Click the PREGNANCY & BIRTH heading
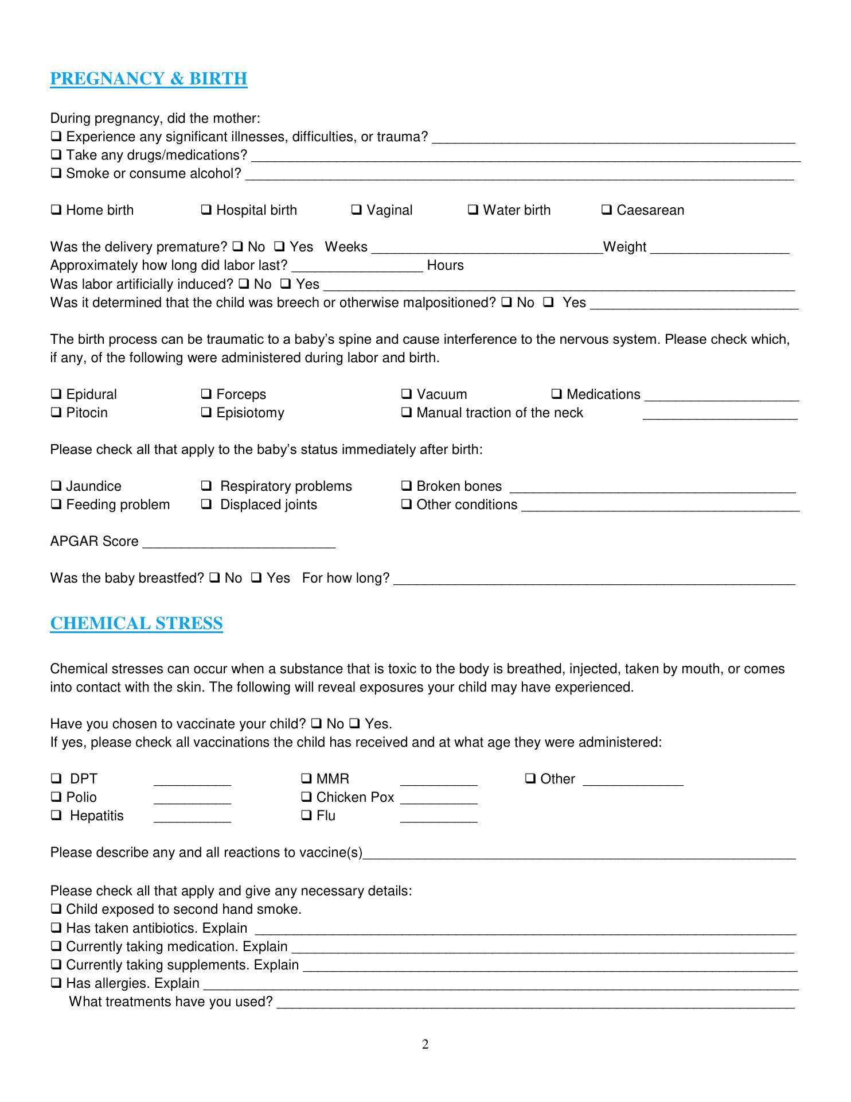click(149, 79)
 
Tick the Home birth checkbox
click(56, 210)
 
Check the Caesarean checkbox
click(607, 210)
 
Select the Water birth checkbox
click(473, 210)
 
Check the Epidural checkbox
click(56, 394)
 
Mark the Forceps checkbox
click(206, 394)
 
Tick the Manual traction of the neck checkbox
click(407, 413)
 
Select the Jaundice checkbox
click(56, 486)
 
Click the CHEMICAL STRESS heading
click(136, 623)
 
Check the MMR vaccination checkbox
click(306, 779)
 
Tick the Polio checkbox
click(56, 797)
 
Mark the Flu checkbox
click(306, 816)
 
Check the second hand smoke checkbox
click(56, 909)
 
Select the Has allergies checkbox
click(56, 983)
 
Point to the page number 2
click(425, 1045)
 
